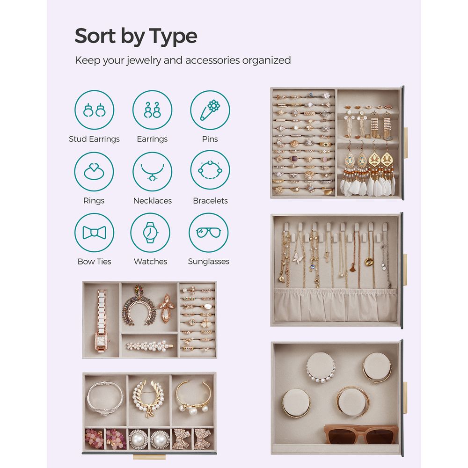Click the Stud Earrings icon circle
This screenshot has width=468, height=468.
point(94,110)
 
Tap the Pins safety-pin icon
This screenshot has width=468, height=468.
point(210,110)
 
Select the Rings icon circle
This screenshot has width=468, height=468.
point(94,171)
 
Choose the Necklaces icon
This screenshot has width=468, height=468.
point(152,171)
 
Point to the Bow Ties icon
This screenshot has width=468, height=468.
point(94,233)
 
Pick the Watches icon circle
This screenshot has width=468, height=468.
point(150,233)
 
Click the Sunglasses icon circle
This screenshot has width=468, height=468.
point(209,233)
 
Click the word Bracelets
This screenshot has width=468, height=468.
point(210,201)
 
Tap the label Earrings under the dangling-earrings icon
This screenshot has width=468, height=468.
point(152,139)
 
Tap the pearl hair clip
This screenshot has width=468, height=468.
point(149,346)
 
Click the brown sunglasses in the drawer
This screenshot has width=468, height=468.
point(360,434)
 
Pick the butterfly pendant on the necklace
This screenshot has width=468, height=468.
point(299,256)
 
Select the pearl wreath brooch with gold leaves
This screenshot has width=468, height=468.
point(149,396)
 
